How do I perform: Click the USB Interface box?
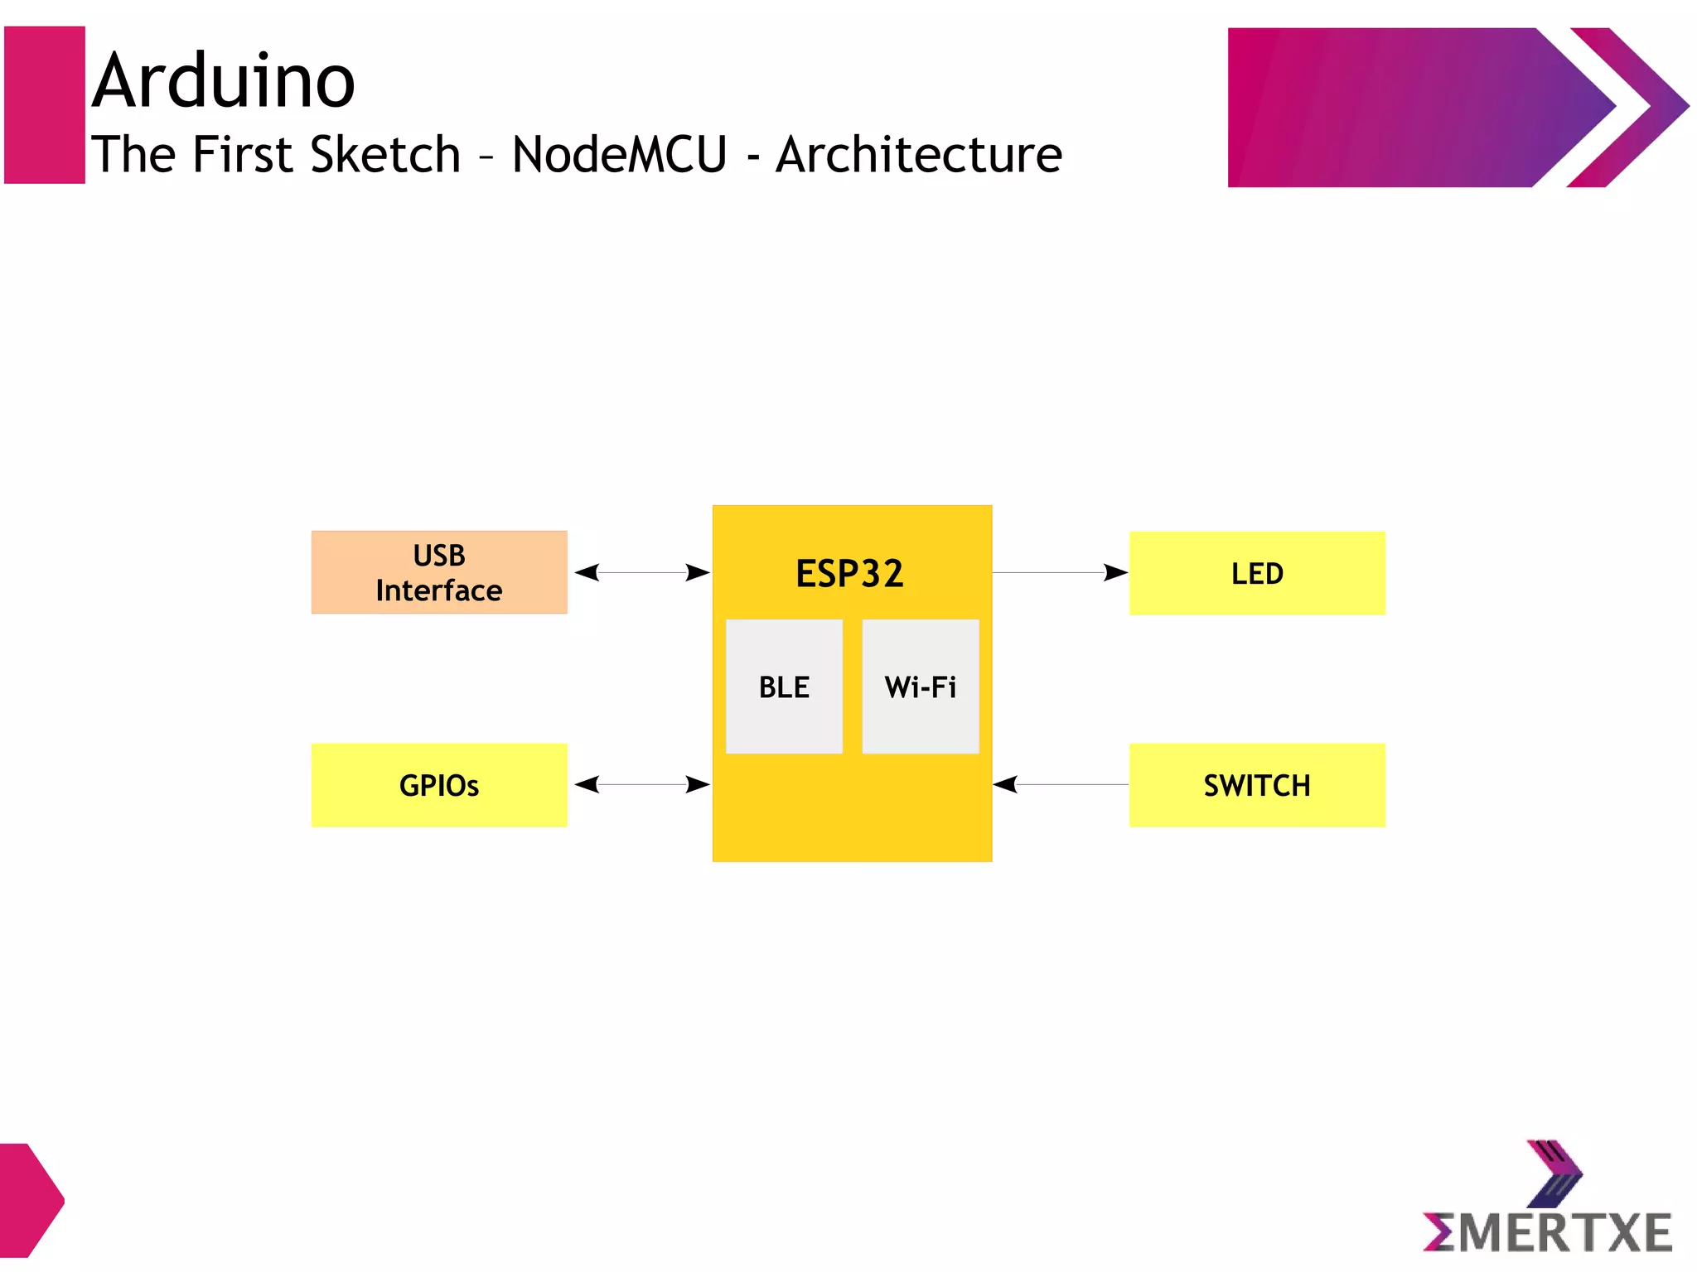(438, 572)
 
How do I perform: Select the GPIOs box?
(438, 785)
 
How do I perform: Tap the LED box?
(1256, 573)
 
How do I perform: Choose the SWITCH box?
(1256, 785)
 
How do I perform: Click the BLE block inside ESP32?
(784, 687)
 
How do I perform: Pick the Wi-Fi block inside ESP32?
(920, 687)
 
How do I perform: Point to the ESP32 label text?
(849, 573)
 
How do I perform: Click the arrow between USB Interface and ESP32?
(641, 572)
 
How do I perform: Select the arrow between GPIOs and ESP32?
(641, 784)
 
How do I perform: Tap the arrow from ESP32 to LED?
(1060, 572)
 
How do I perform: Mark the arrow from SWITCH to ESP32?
(1060, 784)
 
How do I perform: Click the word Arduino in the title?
(224, 81)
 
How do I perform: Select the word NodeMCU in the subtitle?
(619, 155)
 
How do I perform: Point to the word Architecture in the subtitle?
(918, 155)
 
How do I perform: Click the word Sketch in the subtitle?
(385, 155)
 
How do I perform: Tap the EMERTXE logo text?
(1547, 1232)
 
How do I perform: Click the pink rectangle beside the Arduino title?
(45, 105)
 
